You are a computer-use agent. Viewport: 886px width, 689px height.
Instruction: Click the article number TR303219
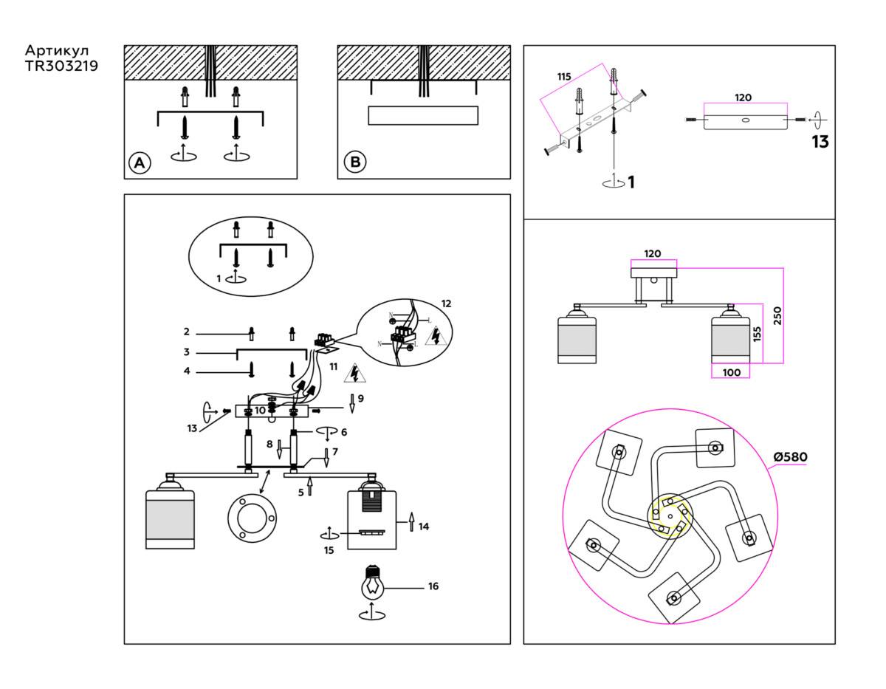point(62,65)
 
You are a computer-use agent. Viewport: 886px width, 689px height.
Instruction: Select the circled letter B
point(355,162)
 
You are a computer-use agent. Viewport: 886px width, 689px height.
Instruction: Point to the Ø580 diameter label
point(790,457)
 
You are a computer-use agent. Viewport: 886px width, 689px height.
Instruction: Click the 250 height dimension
point(776,315)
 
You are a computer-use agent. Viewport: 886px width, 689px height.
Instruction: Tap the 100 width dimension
point(731,372)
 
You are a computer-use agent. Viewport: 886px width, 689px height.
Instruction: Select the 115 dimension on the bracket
point(565,77)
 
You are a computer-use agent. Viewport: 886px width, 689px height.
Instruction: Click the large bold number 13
point(820,143)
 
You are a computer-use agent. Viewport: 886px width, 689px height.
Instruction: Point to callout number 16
point(433,586)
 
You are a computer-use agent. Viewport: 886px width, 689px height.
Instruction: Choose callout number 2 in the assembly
point(187,332)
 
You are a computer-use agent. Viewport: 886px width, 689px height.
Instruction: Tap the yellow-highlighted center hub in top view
point(670,515)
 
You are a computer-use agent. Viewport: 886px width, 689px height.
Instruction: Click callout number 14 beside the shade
point(424,527)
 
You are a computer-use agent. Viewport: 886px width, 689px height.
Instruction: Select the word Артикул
point(57,50)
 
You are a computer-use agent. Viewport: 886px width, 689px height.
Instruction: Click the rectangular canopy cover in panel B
point(422,117)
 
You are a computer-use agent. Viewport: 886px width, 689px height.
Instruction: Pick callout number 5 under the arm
point(301,492)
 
